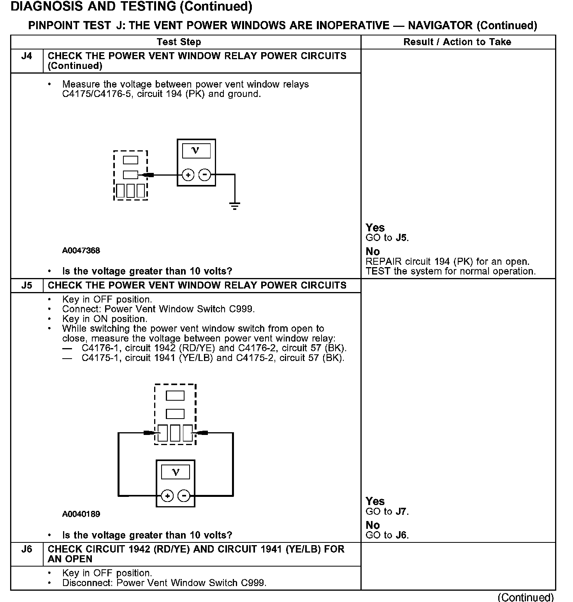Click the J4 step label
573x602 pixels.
coord(26,56)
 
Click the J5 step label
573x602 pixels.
coord(26,285)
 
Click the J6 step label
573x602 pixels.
coord(26,549)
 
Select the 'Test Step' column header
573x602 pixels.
coord(179,42)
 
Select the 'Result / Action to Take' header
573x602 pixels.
coord(457,42)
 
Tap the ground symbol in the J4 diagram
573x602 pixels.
coord(234,206)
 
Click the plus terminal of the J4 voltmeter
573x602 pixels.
coord(188,175)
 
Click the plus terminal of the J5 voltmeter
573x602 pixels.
coord(167,496)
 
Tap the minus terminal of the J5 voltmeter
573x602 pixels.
coord(184,496)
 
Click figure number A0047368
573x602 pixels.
coord(81,250)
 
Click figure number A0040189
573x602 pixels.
coord(81,514)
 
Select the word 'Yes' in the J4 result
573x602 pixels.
coord(375,228)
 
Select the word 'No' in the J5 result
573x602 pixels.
coord(373,525)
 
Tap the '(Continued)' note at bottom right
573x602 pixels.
coord(526,597)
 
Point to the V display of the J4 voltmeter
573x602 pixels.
coord(196,151)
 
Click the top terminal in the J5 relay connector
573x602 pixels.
coord(175,396)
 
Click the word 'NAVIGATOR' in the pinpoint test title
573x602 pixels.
coord(440,26)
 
